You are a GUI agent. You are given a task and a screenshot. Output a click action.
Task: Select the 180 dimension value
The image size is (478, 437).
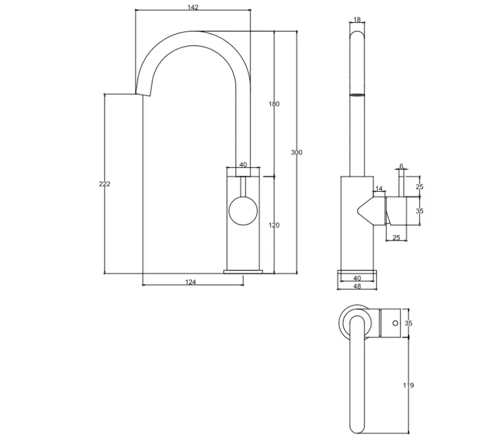274,104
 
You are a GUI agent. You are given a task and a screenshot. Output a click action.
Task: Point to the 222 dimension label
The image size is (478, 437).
105,184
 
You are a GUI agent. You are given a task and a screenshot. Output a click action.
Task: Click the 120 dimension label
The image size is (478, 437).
274,225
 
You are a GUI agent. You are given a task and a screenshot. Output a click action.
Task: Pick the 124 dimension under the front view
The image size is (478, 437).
191,282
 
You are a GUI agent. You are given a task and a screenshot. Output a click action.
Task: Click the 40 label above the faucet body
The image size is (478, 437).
243,165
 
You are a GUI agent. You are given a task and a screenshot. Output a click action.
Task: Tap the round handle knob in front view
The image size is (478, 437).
243,212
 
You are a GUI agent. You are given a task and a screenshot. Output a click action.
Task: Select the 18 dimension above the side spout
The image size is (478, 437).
357,19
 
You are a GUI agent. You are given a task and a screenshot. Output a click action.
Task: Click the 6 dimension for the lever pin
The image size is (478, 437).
402,167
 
